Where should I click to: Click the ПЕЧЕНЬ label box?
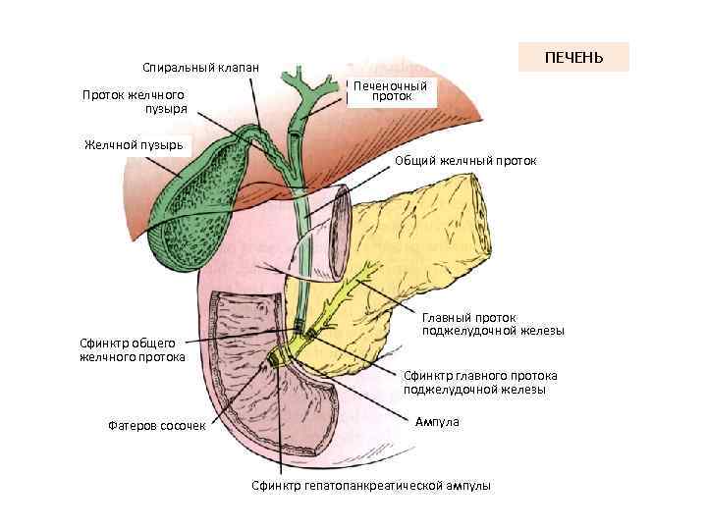[573, 58]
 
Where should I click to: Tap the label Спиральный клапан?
[200, 68]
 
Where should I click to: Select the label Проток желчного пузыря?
[134, 101]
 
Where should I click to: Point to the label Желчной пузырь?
[135, 144]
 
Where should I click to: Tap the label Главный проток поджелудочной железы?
[493, 324]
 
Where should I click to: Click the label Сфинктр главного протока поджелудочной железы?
[480, 382]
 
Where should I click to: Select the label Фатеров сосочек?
[157, 425]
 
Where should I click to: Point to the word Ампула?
[436, 421]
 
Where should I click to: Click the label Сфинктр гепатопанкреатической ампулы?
[370, 486]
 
